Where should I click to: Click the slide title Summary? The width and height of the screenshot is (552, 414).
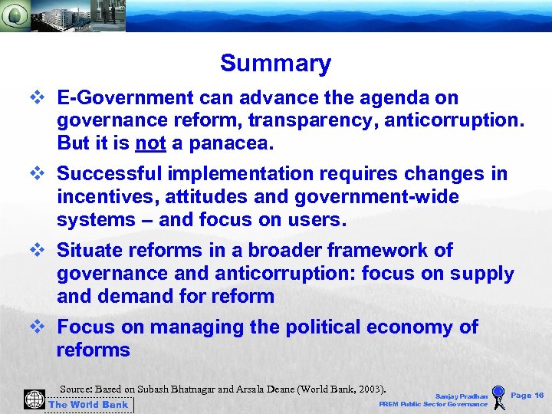275,63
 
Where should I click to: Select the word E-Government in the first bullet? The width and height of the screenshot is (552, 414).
126,98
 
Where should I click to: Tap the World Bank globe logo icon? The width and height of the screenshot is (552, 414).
34,399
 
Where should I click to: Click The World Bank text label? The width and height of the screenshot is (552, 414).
89,405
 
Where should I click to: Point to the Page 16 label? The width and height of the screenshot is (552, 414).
527,395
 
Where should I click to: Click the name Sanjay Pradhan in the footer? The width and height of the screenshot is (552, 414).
461,396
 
